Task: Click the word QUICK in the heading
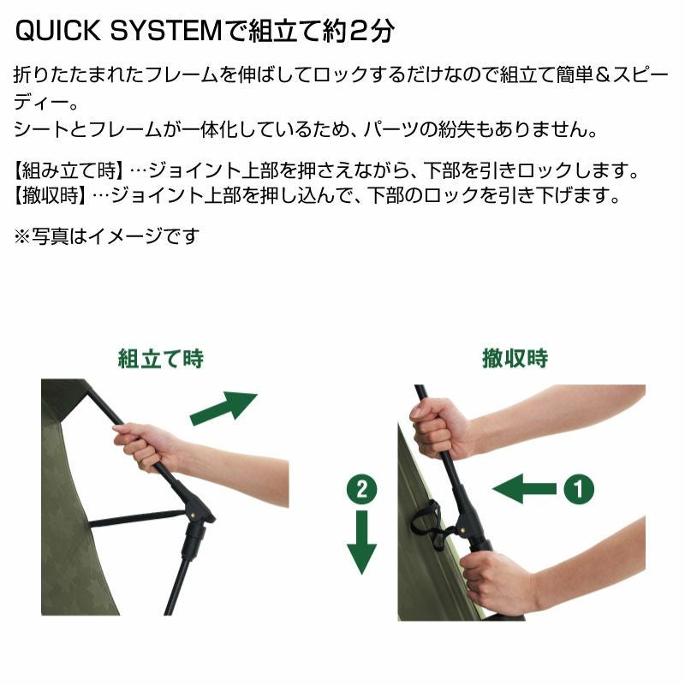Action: click(57, 31)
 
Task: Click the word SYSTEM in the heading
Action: click(166, 31)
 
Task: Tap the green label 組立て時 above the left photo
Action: click(161, 359)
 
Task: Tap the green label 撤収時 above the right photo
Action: click(515, 359)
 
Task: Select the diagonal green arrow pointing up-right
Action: click(223, 408)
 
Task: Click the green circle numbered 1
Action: click(579, 488)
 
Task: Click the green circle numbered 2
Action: click(361, 489)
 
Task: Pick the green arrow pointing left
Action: click(525, 488)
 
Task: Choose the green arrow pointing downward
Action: click(361, 542)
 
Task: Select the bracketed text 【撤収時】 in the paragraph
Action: click(51, 195)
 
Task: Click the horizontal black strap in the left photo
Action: click(137, 517)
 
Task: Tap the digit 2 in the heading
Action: click(360, 32)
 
